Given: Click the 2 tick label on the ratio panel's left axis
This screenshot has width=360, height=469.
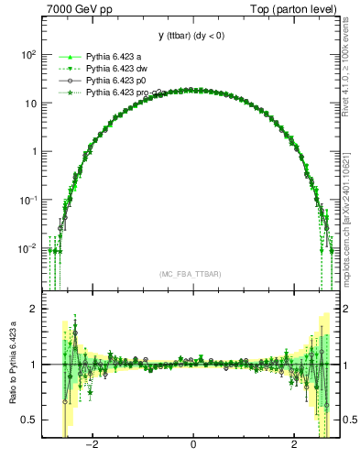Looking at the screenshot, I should point(33,309).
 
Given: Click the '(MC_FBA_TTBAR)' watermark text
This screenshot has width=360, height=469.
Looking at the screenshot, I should point(191,275).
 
